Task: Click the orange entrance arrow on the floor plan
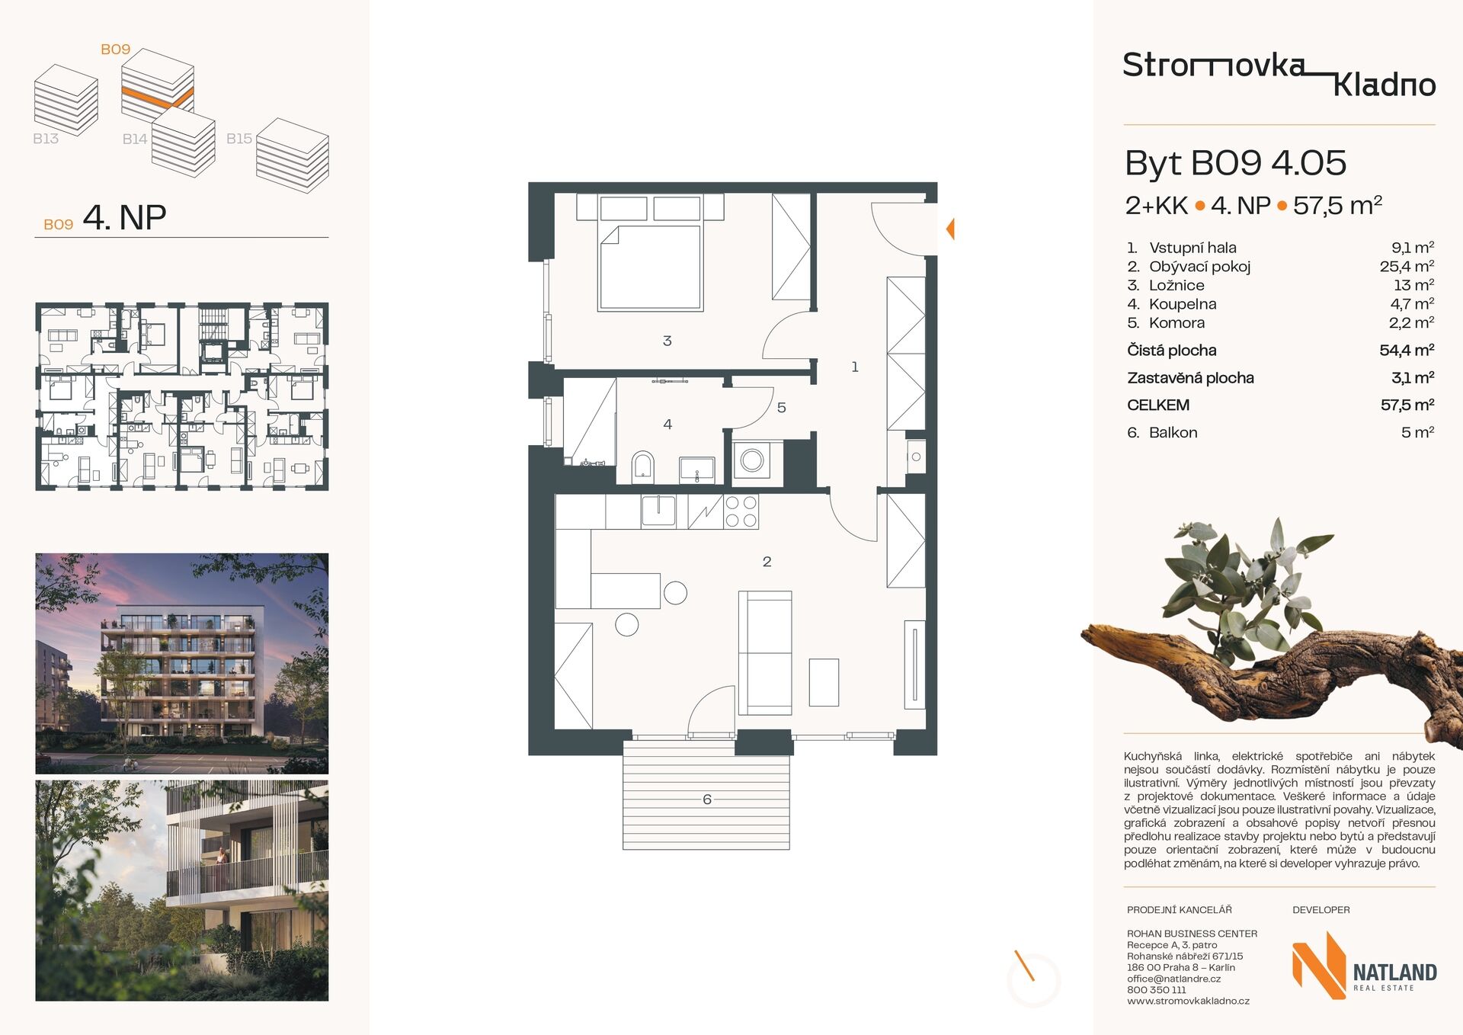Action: tap(950, 229)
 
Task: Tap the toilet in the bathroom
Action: tap(643, 466)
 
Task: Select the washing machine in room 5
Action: tap(752, 460)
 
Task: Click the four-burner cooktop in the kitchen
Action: tap(741, 512)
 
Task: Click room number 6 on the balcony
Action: tap(707, 799)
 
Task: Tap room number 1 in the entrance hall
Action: tap(855, 367)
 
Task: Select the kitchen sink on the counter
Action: tap(658, 511)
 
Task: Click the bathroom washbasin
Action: tap(697, 469)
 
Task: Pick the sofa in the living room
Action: tap(765, 652)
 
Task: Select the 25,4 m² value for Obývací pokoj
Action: tap(1407, 266)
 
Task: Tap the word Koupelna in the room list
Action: tap(1183, 304)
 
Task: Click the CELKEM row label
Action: tap(1158, 405)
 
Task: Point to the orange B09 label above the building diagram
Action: tap(116, 50)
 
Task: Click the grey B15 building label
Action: tap(239, 139)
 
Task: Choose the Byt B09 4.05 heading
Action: tap(1235, 163)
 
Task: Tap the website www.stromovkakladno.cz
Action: tap(1188, 1001)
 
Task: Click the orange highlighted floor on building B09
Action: tap(158, 98)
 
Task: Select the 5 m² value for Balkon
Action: tap(1417, 432)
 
